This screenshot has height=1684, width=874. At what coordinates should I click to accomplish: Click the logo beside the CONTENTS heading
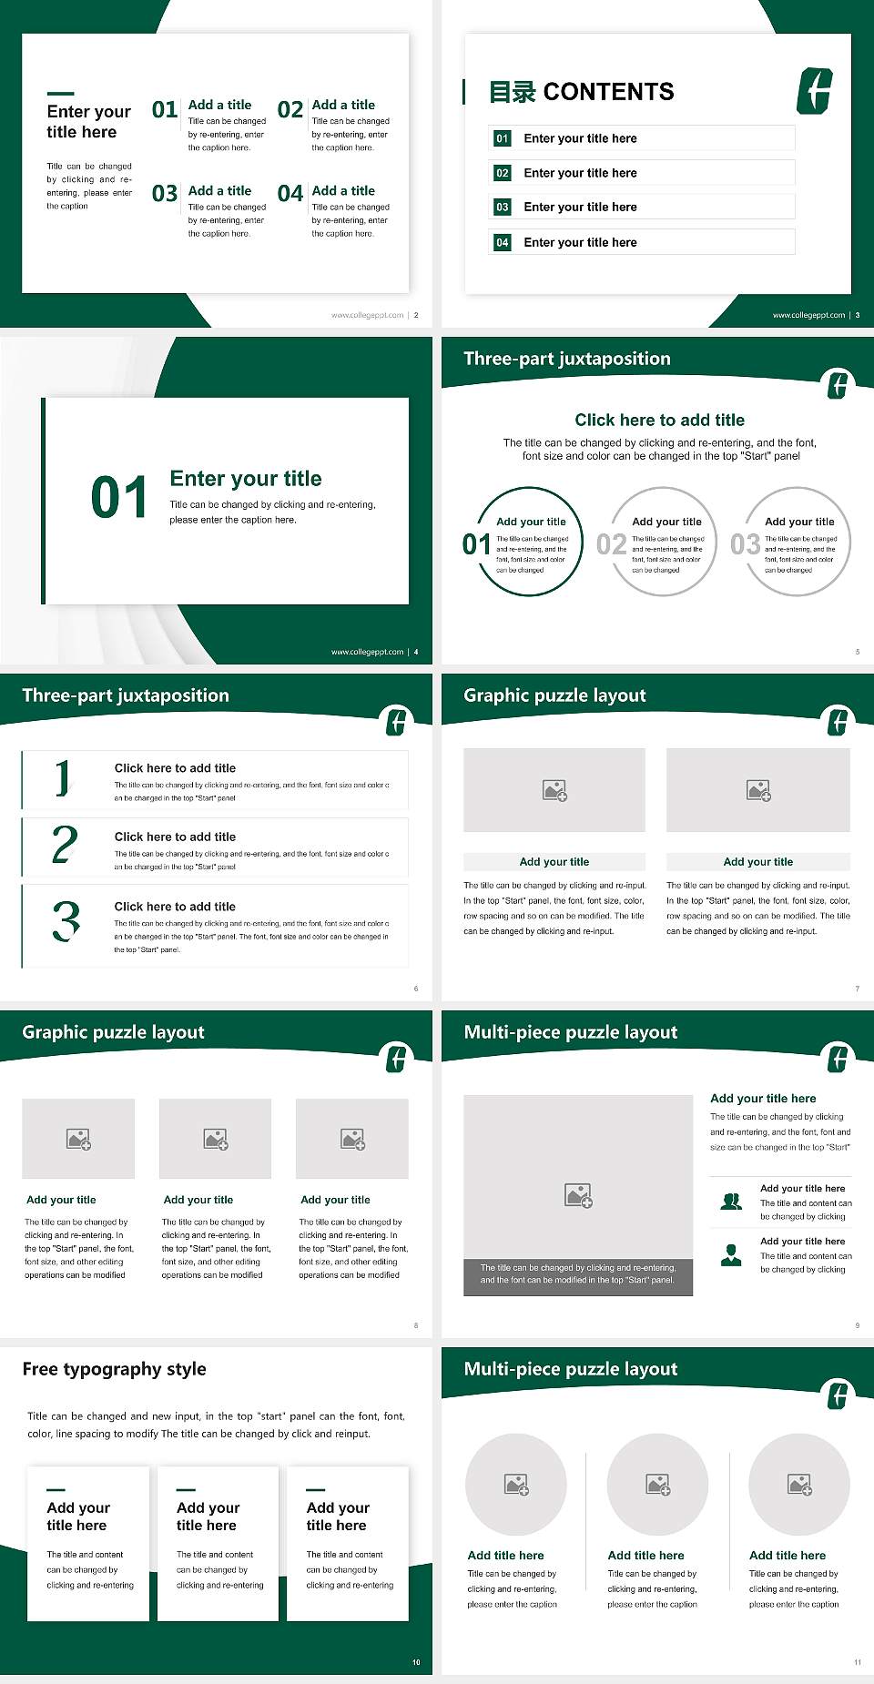[815, 91]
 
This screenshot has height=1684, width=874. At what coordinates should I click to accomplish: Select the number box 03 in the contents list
[503, 208]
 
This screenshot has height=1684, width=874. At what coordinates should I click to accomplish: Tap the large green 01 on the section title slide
[119, 498]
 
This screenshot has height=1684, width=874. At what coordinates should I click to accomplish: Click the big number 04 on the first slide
[290, 194]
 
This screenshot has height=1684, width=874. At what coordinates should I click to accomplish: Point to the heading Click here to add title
[659, 420]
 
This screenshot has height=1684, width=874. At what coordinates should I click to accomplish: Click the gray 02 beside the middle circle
[611, 544]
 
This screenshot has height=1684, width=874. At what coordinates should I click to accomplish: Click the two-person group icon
[731, 1202]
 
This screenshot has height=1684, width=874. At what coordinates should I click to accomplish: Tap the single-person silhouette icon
[731, 1255]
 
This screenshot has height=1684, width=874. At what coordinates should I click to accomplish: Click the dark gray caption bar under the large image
[578, 1273]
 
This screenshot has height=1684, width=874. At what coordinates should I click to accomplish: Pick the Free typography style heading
[115, 1369]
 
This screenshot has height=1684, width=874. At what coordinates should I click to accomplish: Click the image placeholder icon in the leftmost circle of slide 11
[516, 1485]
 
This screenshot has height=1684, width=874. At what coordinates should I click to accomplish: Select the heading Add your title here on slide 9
[763, 1099]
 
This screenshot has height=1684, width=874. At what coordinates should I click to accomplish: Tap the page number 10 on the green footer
[416, 1662]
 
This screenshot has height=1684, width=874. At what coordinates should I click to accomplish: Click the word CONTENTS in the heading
[608, 92]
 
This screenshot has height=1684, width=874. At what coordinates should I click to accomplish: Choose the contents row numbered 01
[641, 138]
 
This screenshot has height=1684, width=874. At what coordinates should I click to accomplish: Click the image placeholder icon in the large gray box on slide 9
[578, 1195]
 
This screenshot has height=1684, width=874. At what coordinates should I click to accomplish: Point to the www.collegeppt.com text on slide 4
[367, 652]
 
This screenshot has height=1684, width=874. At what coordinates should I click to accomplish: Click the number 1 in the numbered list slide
[62, 778]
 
